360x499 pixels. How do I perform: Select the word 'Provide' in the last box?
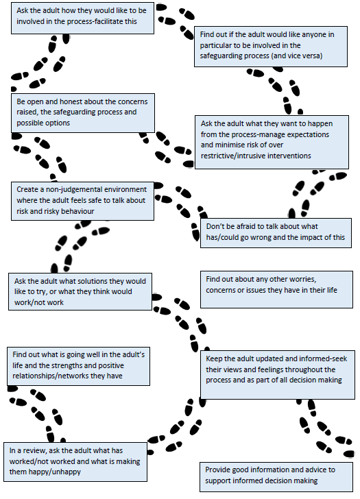click(x=219, y=470)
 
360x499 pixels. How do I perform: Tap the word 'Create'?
click(x=27, y=189)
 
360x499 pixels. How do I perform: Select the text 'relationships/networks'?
click(x=55, y=376)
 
